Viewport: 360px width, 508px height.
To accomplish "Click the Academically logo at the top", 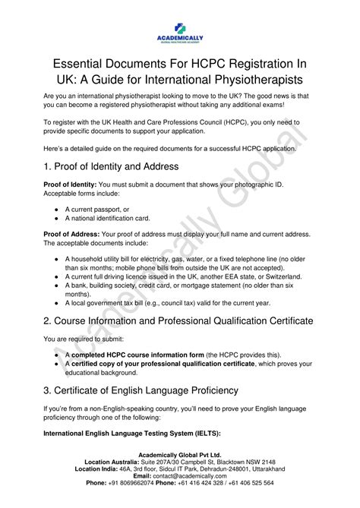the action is (179, 30).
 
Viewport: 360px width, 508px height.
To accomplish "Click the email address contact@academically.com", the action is (197, 475).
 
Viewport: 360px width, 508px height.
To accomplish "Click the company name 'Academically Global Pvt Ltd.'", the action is (180, 454).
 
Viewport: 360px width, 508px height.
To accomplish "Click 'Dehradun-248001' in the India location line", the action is (215, 469).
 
